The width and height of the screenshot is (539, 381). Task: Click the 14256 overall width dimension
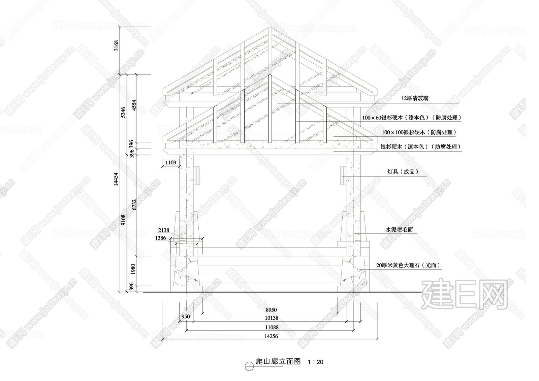coord(271,336)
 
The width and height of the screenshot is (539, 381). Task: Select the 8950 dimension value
coord(271,310)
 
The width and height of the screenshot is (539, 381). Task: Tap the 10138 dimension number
coord(272,318)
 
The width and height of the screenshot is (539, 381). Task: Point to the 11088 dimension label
coord(272,327)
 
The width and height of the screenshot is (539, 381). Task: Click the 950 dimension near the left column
coord(186,317)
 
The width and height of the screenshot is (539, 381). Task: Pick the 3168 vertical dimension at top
coord(116,45)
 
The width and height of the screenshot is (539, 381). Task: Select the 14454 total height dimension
coord(116,179)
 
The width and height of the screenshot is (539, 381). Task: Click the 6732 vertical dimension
coord(134,204)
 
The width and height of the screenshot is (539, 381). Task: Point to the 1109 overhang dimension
coord(170,162)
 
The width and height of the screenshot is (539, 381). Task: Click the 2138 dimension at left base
coord(164,230)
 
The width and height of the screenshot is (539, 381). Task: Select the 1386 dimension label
coord(160,238)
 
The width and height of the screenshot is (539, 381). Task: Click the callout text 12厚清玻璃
coord(415,98)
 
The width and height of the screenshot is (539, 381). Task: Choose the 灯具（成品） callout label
coord(403,171)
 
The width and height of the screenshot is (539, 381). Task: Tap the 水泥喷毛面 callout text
coord(399,230)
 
